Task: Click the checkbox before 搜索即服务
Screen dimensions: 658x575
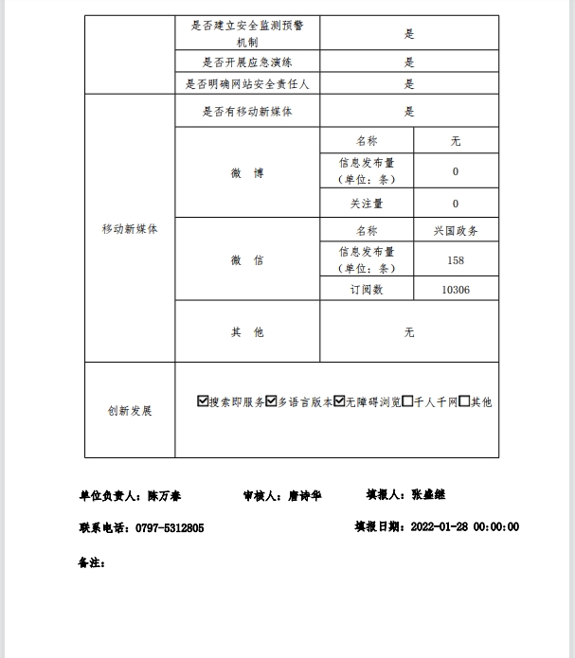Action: click(203, 401)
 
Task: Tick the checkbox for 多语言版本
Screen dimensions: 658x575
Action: click(271, 401)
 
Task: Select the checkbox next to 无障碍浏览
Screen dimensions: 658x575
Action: click(339, 401)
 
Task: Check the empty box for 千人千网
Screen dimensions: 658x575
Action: click(407, 401)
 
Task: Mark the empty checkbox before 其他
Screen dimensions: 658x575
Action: click(464, 401)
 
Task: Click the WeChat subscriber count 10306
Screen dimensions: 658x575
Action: click(456, 290)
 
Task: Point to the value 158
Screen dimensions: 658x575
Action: click(456, 260)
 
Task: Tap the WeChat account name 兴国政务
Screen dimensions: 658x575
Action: click(456, 231)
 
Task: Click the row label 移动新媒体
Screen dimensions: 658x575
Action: click(130, 229)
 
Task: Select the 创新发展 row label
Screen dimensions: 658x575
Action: click(130, 411)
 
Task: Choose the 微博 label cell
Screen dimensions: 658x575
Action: click(247, 173)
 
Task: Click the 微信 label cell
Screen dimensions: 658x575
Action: click(247, 260)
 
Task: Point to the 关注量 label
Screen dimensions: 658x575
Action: click(367, 204)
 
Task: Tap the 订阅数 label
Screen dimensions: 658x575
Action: click(367, 290)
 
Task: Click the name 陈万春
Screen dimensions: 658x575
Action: click(164, 496)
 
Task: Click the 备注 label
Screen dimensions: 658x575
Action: click(91, 562)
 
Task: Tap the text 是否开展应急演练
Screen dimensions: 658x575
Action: click(247, 62)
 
